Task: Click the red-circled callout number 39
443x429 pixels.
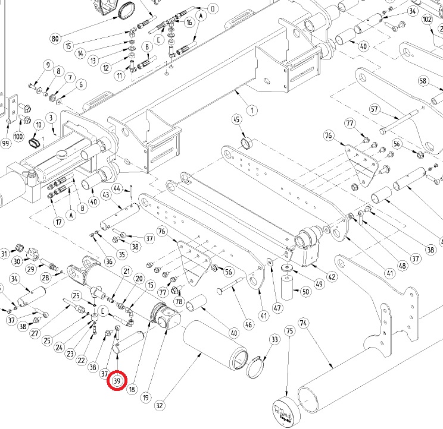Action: tap(117, 380)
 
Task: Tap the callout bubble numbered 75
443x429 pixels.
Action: tap(290, 330)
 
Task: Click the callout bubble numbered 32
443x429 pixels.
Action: tap(159, 405)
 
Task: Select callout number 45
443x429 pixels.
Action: tap(236, 120)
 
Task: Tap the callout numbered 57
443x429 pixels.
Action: tap(375, 109)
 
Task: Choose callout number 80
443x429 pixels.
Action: tap(55, 39)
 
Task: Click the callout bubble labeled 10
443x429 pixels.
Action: tap(38, 125)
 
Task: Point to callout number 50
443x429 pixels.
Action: tap(305, 291)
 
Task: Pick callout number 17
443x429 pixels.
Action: tap(58, 222)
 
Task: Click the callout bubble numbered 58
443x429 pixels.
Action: tap(423, 81)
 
